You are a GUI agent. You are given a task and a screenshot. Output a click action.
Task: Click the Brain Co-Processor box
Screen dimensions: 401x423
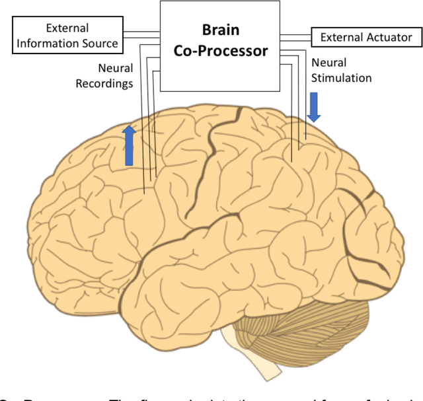217,46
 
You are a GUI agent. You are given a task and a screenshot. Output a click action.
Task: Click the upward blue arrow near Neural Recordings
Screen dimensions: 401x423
129,145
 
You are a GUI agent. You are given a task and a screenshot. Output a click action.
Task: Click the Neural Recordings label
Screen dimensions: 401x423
106,75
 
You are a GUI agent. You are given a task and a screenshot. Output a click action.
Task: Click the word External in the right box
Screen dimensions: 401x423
341,37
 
